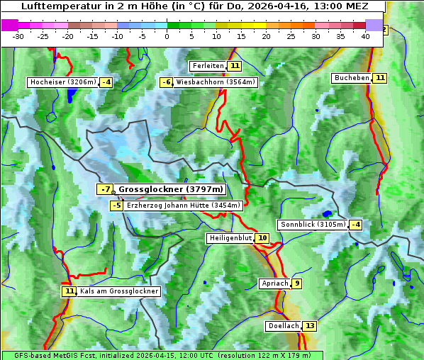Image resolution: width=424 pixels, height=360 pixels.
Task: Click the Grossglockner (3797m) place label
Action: (170, 189)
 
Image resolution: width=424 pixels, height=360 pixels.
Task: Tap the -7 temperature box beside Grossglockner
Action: (105, 189)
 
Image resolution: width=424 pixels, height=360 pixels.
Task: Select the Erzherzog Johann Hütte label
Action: (184, 206)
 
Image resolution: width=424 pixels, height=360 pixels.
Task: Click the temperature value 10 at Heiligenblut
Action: (262, 238)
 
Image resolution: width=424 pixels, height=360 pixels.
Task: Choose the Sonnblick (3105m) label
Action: (313, 225)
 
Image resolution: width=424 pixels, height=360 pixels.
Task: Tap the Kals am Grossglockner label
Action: (119, 291)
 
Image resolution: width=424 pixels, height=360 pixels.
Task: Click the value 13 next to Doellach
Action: (310, 326)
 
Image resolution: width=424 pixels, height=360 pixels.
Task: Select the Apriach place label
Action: (274, 283)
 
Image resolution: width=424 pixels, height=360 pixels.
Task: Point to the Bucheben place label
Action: (352, 78)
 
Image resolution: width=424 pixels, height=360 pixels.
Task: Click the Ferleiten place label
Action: (208, 66)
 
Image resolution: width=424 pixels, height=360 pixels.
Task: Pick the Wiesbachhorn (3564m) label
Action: (216, 82)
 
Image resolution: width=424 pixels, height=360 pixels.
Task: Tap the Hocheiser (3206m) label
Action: (62, 82)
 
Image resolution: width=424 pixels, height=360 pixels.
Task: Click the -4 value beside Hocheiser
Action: (106, 82)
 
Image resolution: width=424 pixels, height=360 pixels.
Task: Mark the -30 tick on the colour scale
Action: (18, 35)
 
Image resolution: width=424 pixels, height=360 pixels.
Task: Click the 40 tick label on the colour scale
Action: (365, 35)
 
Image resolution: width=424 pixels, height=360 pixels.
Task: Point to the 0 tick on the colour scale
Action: (167, 35)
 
